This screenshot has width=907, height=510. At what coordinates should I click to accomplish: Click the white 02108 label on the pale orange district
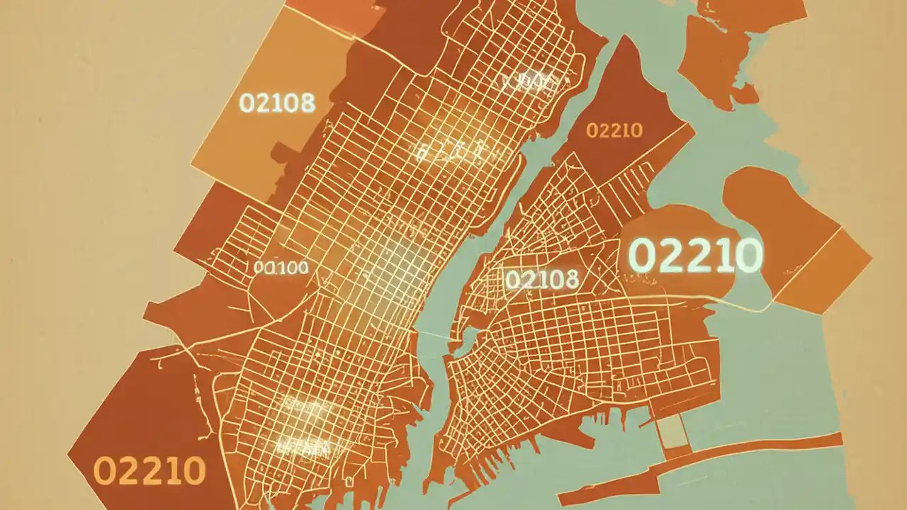[x=277, y=103]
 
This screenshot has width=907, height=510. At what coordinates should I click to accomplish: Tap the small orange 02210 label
[x=614, y=130]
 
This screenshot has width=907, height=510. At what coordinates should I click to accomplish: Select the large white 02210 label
[x=695, y=255]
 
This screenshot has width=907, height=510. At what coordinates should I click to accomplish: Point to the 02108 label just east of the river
[x=542, y=279]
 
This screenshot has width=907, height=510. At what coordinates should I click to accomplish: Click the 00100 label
[x=281, y=268]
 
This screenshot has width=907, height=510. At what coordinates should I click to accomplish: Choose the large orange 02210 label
[x=150, y=470]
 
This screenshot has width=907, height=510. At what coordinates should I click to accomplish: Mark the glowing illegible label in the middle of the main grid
[x=451, y=149]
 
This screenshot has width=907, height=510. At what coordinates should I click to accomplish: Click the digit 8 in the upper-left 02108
[x=307, y=103]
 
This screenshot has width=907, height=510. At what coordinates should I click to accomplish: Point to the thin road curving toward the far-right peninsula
[x=737, y=305]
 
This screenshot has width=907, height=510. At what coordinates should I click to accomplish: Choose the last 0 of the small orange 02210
[x=635, y=130]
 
